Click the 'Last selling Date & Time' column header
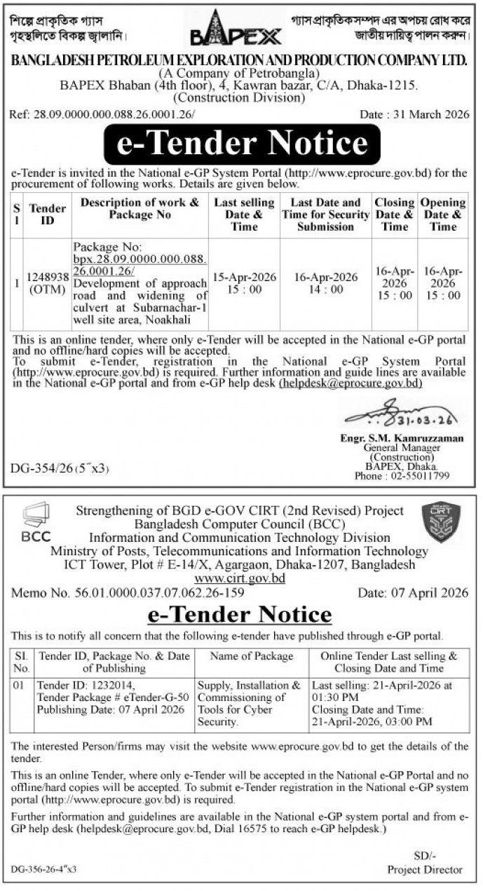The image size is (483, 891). (245, 215)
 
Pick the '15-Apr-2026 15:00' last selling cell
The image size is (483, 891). (245, 283)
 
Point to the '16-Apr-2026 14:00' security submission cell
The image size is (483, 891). (325, 283)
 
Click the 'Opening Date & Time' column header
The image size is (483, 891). (443, 215)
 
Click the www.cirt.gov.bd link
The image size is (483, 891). (240, 578)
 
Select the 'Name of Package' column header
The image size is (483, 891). (252, 656)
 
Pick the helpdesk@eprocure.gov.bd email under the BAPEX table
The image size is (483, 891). (351, 383)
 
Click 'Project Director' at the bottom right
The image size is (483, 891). (426, 869)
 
